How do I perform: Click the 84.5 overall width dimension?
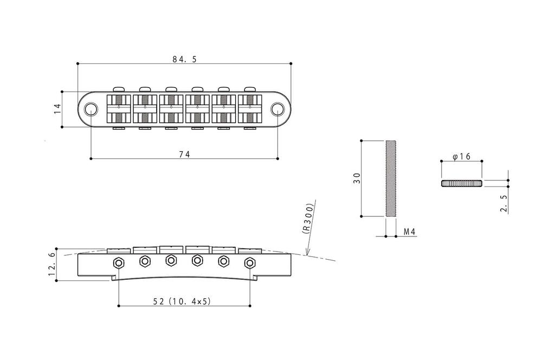coord(184,59)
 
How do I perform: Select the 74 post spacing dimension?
coord(184,155)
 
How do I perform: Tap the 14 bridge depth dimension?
coord(57,108)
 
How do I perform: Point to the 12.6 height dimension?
coord(51,264)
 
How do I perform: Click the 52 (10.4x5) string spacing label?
coord(182,301)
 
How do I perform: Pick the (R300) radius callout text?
coord(308,218)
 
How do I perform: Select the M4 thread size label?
coord(410,232)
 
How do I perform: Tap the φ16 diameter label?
coord(462,156)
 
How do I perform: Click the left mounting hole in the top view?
coord(91,109)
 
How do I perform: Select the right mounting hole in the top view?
coord(277,109)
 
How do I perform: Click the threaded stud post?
coord(390,178)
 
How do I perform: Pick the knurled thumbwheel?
coord(462,183)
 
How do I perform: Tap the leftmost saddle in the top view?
coord(119,108)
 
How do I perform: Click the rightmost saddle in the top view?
coord(250,108)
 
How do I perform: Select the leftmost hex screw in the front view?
coord(118,262)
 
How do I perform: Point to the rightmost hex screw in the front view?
coord(250,262)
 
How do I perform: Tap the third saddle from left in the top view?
coord(171,108)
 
